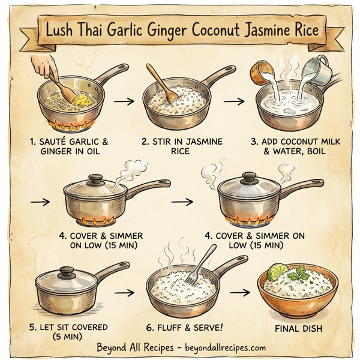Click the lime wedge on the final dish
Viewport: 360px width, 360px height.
[277, 273]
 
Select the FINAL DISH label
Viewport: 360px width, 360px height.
[299, 328]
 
